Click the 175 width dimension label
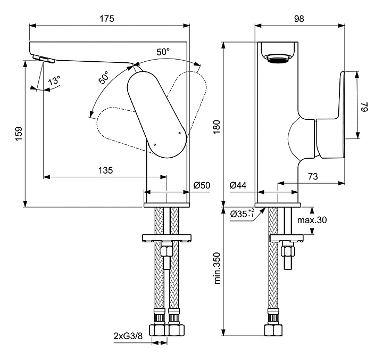coord(107,19)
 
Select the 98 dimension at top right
coord(299,19)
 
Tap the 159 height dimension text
coord(19,133)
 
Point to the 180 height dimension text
coord(217,127)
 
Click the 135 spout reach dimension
coord(105,170)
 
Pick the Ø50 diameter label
coord(202,185)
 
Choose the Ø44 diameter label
coord(238,185)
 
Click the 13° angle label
coord(54,80)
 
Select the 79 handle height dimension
coord(364,107)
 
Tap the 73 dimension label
coord(313,176)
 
